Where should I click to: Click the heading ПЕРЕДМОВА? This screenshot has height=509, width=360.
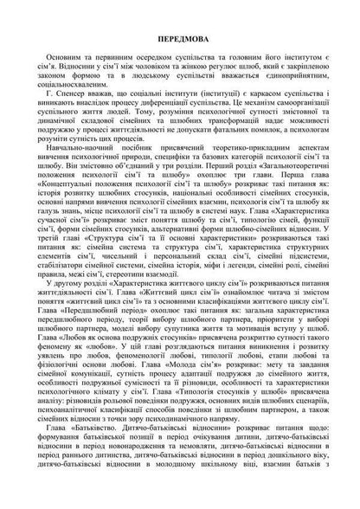tap(180, 40)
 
